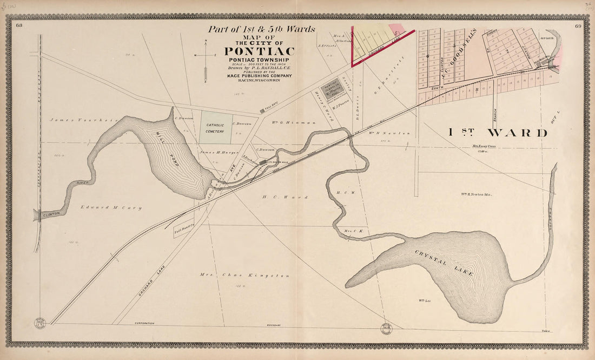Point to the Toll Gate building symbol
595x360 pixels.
(x=262, y=111)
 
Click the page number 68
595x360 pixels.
(x=19, y=25)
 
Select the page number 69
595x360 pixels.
(x=578, y=25)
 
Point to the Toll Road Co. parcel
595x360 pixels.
(x=181, y=232)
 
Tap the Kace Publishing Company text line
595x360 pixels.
(x=259, y=76)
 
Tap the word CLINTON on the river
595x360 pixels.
(x=52, y=214)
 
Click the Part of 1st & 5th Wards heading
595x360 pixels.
(x=261, y=30)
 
